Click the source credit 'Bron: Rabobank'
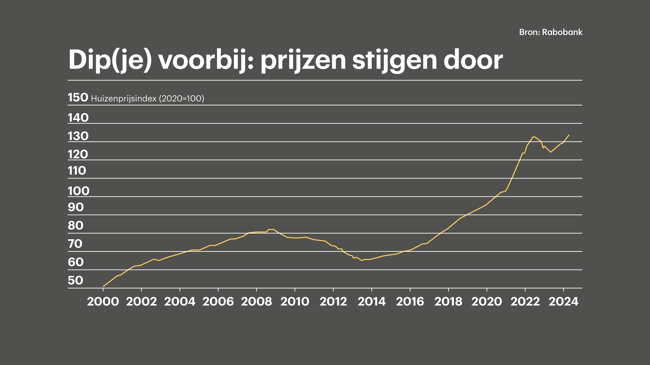(x=551, y=32)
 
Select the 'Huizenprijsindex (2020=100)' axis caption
(x=148, y=98)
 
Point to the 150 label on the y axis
(x=78, y=97)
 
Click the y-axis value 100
(x=79, y=191)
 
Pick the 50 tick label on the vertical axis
(x=75, y=280)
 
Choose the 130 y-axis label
(x=78, y=136)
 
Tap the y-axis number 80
(x=75, y=225)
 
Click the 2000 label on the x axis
(x=103, y=301)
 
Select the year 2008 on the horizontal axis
(x=256, y=301)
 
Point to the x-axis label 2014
(x=371, y=301)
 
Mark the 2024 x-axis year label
(x=563, y=301)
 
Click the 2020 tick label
(x=486, y=301)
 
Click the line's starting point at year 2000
(x=103, y=286)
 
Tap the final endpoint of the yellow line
(x=569, y=135)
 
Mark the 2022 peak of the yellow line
(x=534, y=137)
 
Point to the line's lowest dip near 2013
(x=362, y=260)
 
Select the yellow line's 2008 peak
(x=271, y=229)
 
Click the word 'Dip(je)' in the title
(x=110, y=60)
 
